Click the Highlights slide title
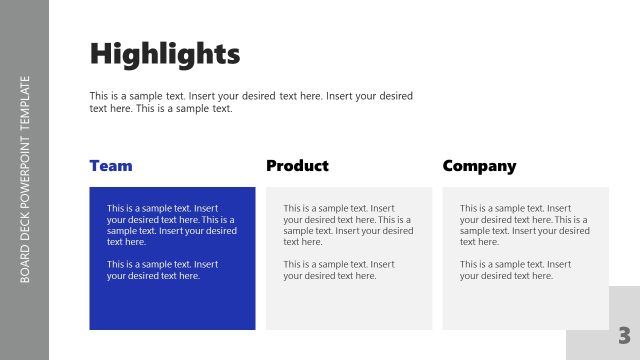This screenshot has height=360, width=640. coord(165,53)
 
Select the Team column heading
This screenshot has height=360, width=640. coord(111,166)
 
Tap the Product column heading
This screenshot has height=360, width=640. coord(297,166)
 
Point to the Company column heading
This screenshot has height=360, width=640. coord(479,166)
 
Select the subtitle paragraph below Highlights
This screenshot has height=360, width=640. coord(251,102)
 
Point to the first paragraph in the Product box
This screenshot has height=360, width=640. coord(348,225)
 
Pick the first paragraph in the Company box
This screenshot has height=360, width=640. coord(524,225)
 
